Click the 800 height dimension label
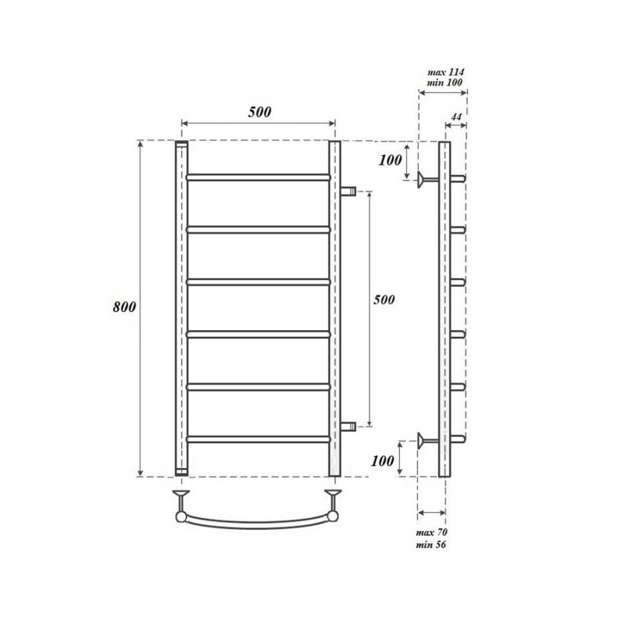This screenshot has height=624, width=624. (123, 308)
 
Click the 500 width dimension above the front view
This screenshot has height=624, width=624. (259, 112)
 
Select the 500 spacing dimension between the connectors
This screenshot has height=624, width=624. (383, 300)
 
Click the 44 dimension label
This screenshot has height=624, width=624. (456, 117)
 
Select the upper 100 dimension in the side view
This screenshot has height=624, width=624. (391, 159)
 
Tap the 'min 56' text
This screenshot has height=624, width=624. (431, 545)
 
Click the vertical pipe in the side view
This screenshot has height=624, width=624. (444, 309)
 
